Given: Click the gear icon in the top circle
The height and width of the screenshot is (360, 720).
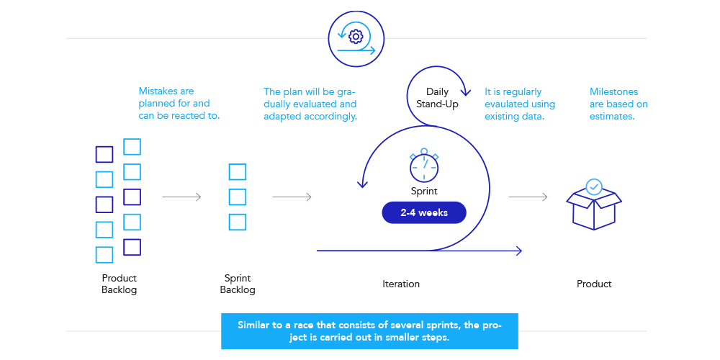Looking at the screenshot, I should pyautogui.click(x=354, y=36).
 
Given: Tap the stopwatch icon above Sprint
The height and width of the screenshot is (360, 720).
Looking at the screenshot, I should pyautogui.click(x=424, y=166).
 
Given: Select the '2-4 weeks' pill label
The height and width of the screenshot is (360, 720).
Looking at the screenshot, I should pyautogui.click(x=424, y=213).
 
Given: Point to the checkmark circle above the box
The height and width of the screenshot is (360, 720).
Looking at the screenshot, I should pyautogui.click(x=594, y=187).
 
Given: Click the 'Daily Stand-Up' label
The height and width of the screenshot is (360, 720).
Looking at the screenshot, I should pyautogui.click(x=437, y=98).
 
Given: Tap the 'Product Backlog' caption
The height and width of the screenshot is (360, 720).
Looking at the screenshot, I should pyautogui.click(x=119, y=284).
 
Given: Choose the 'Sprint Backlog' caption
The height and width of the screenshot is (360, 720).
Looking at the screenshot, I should pyautogui.click(x=238, y=284).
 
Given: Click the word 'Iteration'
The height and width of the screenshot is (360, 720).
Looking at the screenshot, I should pyautogui.click(x=401, y=284).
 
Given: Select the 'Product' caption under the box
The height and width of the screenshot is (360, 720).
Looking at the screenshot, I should pyautogui.click(x=594, y=284).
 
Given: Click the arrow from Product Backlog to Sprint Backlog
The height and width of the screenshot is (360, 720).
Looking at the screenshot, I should pyautogui.click(x=181, y=197).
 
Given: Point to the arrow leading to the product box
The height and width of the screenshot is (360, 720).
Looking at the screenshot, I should pyautogui.click(x=528, y=197).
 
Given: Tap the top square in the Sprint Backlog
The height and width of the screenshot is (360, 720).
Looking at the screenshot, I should pyautogui.click(x=238, y=172).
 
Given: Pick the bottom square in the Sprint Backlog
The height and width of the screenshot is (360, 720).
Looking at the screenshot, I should pyautogui.click(x=238, y=222).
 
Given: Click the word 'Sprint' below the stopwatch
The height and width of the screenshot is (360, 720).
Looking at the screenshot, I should pyautogui.click(x=424, y=192).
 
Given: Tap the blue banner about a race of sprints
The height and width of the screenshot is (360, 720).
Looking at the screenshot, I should pyautogui.click(x=369, y=331).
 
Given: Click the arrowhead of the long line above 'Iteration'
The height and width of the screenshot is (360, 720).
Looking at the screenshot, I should pyautogui.click(x=518, y=251).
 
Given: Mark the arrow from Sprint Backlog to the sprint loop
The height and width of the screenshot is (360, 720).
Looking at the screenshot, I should pyautogui.click(x=292, y=197).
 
